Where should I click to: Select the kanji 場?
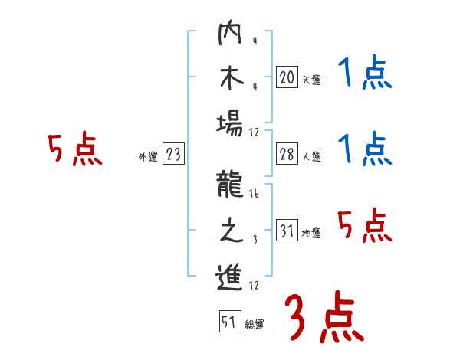coord(229,122)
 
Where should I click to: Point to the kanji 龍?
coord(229,187)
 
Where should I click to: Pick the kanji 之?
coord(229,231)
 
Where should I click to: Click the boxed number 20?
coord(287,77)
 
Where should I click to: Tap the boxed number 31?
coord(287,231)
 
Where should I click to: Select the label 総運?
coord(255,324)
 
